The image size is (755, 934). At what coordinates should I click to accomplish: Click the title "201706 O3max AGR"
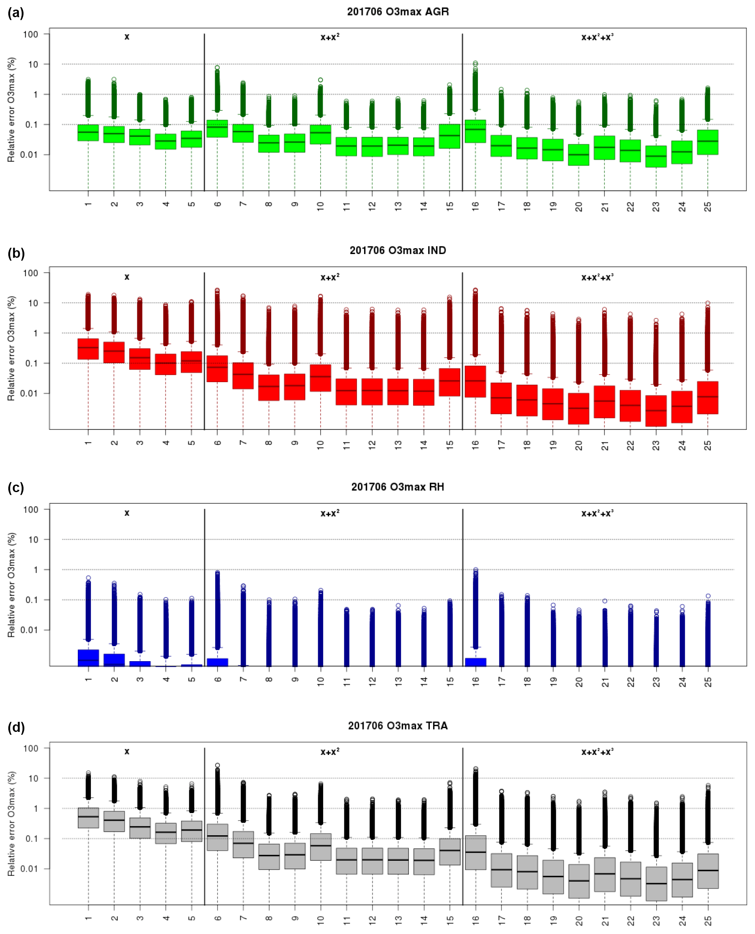[398, 12]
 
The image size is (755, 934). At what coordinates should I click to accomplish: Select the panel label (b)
[16, 253]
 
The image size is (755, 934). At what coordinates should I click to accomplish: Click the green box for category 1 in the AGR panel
[88, 133]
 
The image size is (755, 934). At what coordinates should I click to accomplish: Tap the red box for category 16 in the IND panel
[475, 381]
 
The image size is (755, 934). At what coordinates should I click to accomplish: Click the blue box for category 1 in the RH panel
[88, 657]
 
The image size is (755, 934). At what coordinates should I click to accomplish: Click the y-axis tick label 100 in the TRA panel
[31, 748]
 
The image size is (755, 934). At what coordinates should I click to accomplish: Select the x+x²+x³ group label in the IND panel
[597, 277]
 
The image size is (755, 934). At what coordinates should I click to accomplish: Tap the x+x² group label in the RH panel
[330, 513]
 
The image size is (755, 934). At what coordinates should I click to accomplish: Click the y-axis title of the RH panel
[11, 585]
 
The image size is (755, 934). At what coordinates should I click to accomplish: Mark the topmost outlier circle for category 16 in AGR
[475, 64]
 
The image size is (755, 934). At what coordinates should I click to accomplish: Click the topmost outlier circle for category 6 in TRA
[218, 765]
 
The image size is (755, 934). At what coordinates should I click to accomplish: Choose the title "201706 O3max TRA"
[398, 726]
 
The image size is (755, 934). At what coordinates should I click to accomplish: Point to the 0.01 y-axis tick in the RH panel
[30, 630]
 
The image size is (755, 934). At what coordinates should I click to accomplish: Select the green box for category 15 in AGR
[450, 136]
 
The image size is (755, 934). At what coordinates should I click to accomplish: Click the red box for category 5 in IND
[191, 362]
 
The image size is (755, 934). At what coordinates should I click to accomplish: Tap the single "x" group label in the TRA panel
[126, 752]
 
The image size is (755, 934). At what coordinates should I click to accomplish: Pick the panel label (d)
[16, 727]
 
